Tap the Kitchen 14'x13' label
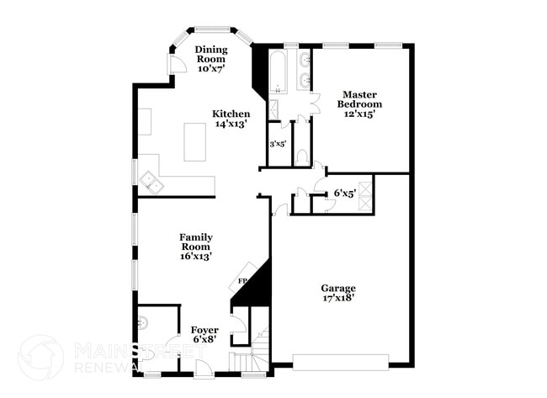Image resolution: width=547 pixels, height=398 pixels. [230, 119]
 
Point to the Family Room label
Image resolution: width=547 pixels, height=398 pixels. [195, 247]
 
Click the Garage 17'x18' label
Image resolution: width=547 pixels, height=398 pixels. [337, 294]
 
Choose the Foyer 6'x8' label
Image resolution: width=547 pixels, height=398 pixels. [204, 335]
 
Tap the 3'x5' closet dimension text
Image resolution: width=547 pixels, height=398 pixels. [278, 145]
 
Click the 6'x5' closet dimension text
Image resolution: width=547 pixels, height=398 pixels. [344, 194]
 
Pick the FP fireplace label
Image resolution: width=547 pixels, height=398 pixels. [242, 280]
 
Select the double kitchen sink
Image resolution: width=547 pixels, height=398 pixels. [152, 181]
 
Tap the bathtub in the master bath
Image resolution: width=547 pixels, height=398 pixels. [278, 74]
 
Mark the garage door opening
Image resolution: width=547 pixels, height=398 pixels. [340, 363]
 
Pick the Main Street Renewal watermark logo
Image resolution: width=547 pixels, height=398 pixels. [40, 357]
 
